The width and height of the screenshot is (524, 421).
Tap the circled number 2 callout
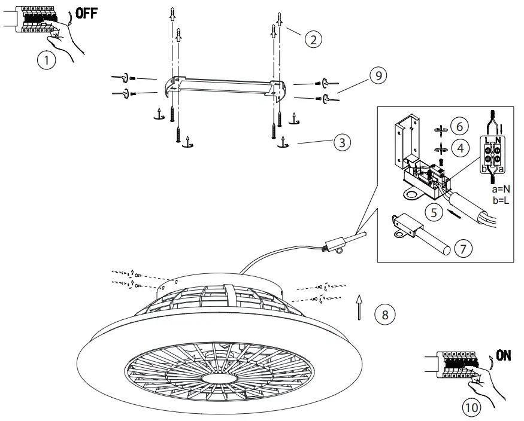pos(313,39)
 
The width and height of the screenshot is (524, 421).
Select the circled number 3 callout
pos(342,142)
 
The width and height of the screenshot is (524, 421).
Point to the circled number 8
pos(385,313)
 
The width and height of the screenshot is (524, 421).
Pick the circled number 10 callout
pos(471,408)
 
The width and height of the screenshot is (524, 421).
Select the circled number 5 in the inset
pos(435,211)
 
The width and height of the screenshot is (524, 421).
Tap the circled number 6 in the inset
pos(459,127)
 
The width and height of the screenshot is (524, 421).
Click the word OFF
pos(86,14)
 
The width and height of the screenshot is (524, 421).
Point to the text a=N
pos(499,189)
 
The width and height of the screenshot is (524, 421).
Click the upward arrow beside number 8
pos(358,307)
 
